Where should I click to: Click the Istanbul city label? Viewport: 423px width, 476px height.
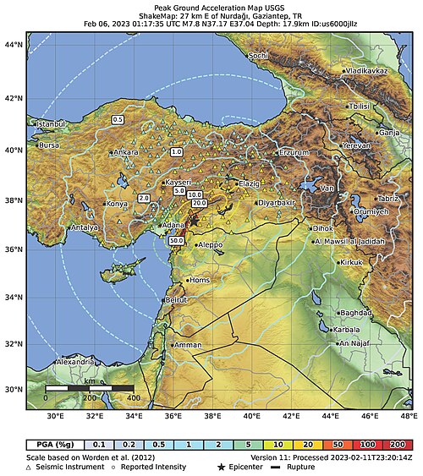49,124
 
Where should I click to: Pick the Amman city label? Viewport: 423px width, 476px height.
188,346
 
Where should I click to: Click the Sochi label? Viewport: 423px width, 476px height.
259,56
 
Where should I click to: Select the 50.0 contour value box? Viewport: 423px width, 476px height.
177,241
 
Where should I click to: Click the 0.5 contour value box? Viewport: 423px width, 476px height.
118,120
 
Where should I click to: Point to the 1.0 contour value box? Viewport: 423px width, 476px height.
176,152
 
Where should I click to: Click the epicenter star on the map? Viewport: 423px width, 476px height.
193,222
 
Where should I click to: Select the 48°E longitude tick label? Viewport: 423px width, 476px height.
409,416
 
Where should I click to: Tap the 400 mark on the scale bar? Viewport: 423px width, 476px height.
132,397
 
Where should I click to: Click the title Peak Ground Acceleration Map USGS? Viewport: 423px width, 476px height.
211,5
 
